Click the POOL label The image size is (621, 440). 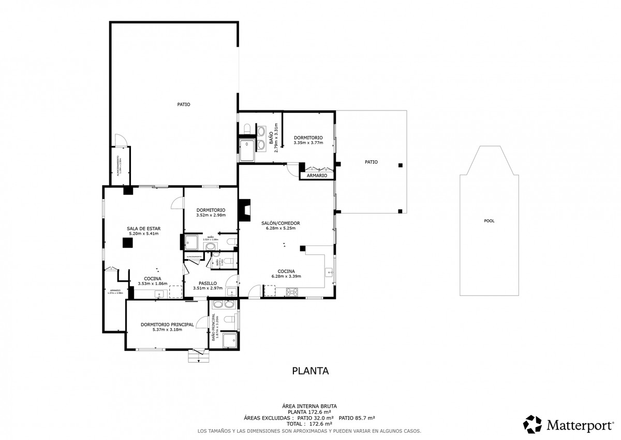[489, 221]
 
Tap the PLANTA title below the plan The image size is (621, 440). [310, 371]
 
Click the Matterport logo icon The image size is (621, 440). [532, 424]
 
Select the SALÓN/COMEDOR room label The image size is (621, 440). [283, 223]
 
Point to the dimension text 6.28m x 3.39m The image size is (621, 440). [286, 276]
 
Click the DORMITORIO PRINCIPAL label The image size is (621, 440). [167, 324]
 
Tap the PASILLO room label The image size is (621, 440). [207, 283]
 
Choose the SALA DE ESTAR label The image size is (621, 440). [143, 228]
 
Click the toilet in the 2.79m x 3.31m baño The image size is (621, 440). [246, 127]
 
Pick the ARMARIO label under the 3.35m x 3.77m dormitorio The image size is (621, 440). [317, 176]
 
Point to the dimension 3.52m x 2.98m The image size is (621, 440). [210, 216]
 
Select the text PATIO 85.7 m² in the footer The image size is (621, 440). [357, 418]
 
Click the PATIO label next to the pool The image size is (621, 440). [371, 162]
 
